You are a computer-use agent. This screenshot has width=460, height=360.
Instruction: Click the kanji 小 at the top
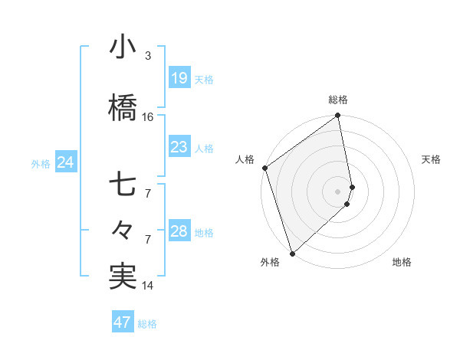123,48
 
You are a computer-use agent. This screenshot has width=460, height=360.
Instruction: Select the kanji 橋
123,109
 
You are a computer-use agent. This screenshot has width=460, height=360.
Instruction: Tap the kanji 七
123,185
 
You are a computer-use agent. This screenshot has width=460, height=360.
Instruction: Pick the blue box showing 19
179,78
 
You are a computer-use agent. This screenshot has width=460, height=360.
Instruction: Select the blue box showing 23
179,147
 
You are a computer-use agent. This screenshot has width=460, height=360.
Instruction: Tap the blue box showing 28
179,231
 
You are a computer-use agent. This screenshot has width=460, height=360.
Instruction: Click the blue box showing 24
65,162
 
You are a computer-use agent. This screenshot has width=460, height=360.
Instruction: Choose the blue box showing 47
123,322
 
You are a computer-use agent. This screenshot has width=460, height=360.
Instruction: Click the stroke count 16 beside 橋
148,117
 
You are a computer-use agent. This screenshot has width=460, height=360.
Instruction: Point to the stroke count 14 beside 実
148,286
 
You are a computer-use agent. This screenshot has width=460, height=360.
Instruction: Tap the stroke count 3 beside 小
148,56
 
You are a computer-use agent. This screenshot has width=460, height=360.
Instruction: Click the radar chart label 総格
338,100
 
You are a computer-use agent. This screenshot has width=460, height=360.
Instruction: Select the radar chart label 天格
432,159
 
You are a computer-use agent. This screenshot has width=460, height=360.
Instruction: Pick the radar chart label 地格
402,262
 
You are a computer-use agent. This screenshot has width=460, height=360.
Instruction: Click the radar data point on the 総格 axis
338,116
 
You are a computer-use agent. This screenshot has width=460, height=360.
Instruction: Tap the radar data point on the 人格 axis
264,168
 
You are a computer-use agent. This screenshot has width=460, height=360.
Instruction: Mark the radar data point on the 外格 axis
292,253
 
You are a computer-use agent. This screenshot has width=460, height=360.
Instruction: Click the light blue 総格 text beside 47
147,324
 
